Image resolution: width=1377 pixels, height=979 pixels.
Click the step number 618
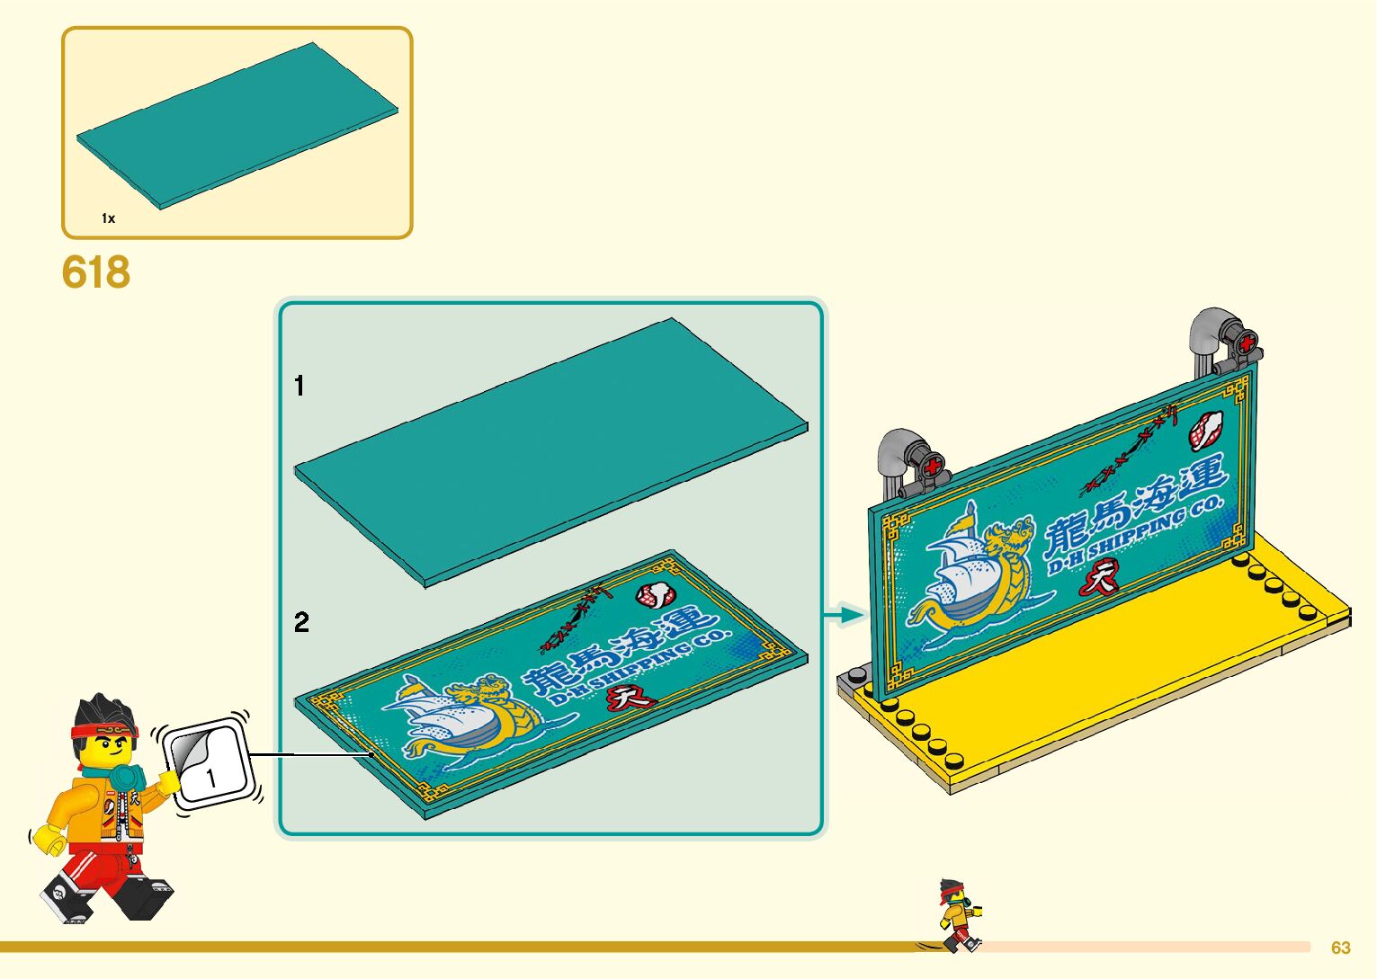click(96, 272)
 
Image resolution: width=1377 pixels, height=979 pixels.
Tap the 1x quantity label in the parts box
click(108, 218)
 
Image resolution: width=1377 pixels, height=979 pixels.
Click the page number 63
click(1340, 948)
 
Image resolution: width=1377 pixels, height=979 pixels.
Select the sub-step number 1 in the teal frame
click(300, 387)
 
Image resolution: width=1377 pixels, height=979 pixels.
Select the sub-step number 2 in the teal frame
click(301, 622)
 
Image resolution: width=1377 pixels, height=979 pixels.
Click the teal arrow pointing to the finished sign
click(845, 615)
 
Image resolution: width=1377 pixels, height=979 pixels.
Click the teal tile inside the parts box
click(237, 126)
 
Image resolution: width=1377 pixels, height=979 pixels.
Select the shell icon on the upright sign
click(1206, 430)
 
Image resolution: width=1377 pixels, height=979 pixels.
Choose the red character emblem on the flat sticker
click(628, 697)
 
